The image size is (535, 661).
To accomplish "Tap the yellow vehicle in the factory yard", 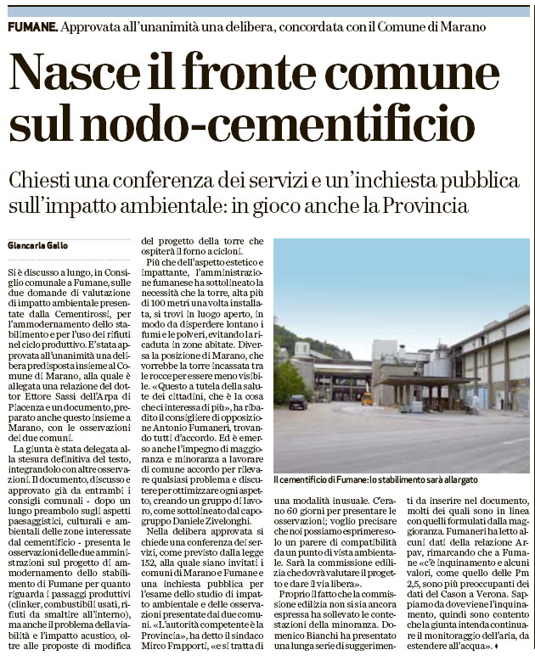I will click(x=367, y=398).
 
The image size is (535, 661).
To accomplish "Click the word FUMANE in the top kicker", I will click(x=32, y=27).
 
